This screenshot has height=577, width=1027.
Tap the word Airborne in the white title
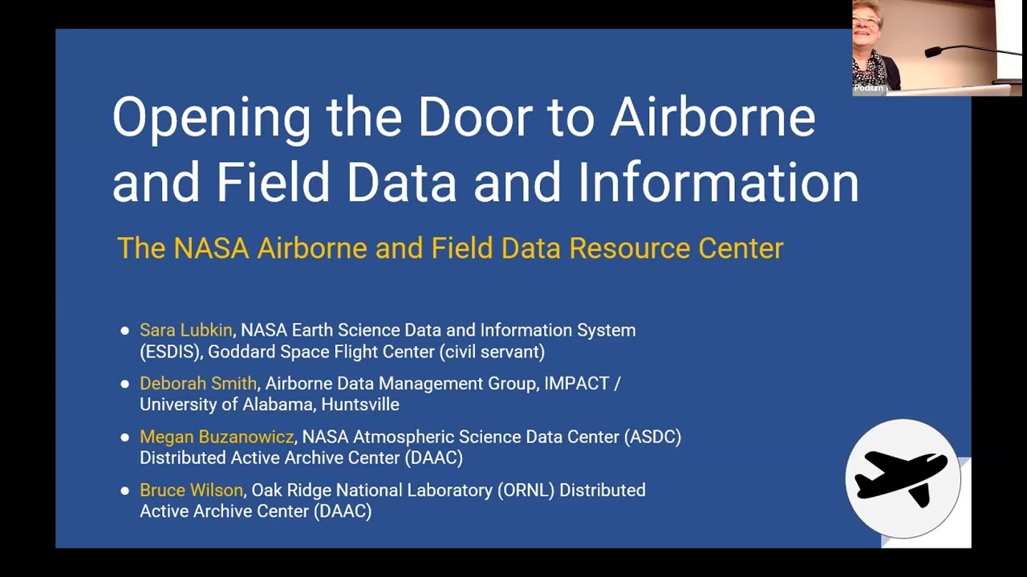click(x=712, y=117)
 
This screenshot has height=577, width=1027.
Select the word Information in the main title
click(x=718, y=183)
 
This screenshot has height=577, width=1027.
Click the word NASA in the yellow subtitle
click(x=211, y=248)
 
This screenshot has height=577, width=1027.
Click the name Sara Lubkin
click(x=185, y=330)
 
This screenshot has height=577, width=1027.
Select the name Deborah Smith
click(x=198, y=384)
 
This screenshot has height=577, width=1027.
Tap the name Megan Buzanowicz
click(x=217, y=437)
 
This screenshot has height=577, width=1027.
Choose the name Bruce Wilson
click(x=191, y=490)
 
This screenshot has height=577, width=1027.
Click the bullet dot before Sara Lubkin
click(x=124, y=330)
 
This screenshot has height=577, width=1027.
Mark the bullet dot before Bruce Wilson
click(x=124, y=490)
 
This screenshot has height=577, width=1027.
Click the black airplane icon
click(x=902, y=477)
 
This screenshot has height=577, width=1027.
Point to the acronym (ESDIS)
click(x=171, y=352)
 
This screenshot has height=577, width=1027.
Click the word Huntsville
click(x=359, y=405)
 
